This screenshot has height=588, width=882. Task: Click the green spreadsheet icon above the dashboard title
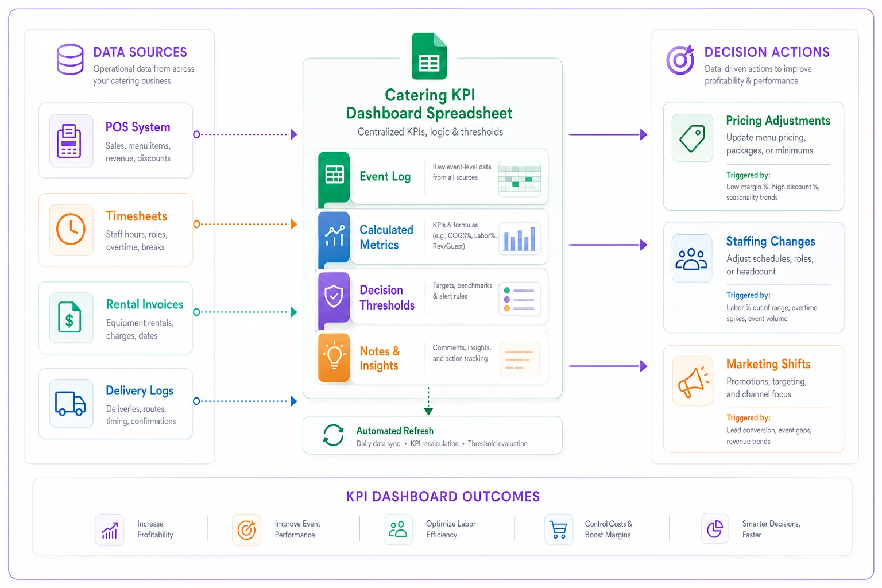click(429, 56)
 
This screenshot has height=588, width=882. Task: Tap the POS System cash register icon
click(69, 141)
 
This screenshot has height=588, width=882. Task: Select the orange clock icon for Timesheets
click(71, 229)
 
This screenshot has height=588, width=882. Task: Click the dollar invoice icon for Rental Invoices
click(69, 317)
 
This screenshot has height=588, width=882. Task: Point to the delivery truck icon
click(71, 404)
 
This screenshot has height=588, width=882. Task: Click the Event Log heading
click(385, 176)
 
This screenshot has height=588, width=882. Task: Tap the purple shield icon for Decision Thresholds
click(334, 296)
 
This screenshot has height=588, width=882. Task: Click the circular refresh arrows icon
click(333, 435)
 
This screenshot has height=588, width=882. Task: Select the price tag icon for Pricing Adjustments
click(692, 138)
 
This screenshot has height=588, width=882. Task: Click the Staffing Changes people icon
click(691, 259)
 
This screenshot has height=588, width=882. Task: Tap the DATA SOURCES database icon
click(70, 60)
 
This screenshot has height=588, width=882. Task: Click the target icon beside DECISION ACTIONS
click(680, 60)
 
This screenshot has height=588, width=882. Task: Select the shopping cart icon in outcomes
click(558, 529)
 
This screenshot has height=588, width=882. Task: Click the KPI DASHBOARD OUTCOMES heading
click(443, 497)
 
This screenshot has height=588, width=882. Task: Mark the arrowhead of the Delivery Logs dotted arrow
click(294, 401)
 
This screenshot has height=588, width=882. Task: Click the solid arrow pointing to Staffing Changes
click(608, 245)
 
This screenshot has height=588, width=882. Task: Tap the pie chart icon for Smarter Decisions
click(715, 529)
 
